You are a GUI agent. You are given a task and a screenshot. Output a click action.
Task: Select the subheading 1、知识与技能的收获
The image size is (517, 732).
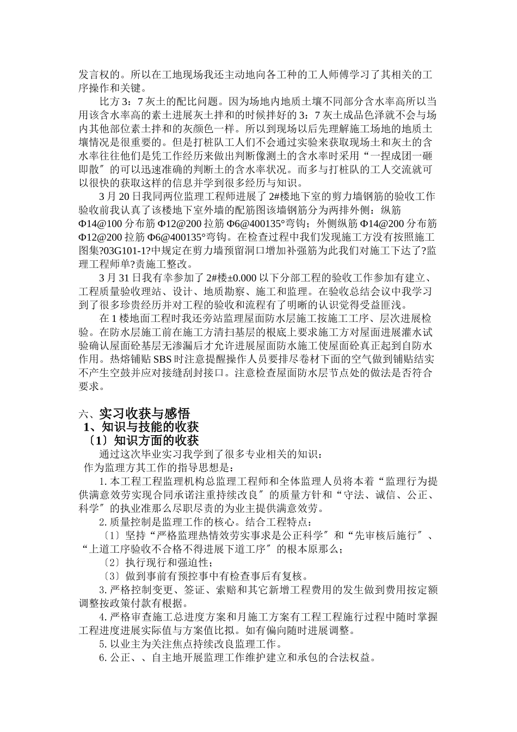point(140,426)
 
